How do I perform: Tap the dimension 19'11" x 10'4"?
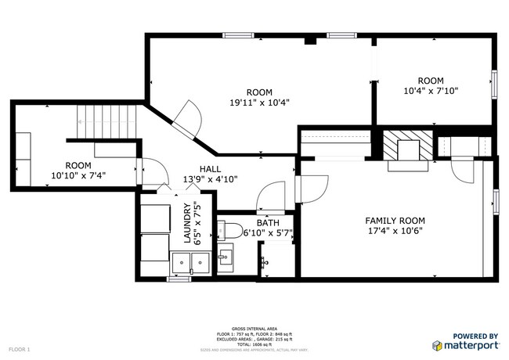(x=260, y=103)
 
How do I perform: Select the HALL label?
(x=209, y=168)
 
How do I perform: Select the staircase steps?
(x=106, y=123)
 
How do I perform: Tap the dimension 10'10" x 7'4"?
(x=78, y=176)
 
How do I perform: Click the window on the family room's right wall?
(x=496, y=201)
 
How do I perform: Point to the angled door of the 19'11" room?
(x=186, y=120)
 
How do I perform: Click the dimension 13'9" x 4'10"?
(x=210, y=179)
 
